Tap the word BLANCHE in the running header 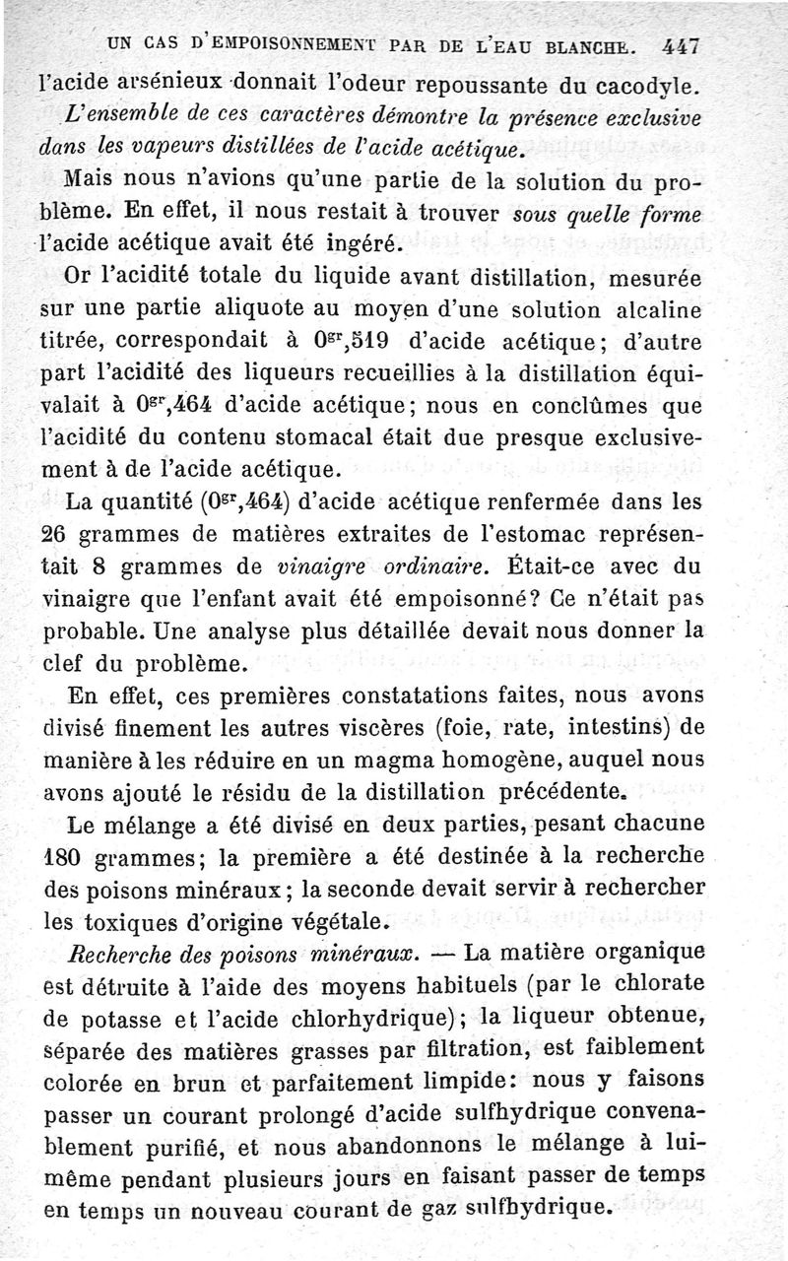coord(592,44)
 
